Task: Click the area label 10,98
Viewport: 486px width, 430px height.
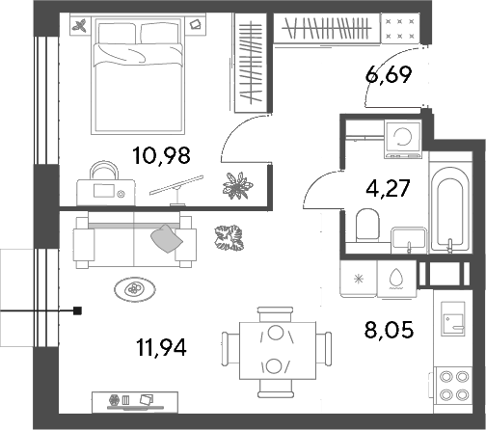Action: click(x=161, y=155)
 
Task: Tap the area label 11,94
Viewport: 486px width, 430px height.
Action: click(x=161, y=347)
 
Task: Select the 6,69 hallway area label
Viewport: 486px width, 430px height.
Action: click(x=389, y=75)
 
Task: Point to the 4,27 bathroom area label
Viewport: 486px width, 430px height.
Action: click(x=388, y=188)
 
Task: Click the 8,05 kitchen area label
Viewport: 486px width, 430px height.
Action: click(x=389, y=330)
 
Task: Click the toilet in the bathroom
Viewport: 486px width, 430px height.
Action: click(x=367, y=225)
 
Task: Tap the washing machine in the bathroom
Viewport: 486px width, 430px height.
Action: click(x=403, y=139)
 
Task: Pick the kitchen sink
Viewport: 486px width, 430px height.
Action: click(x=453, y=319)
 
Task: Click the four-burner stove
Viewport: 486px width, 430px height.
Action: click(x=454, y=386)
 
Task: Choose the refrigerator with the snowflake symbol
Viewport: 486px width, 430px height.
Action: click(x=359, y=279)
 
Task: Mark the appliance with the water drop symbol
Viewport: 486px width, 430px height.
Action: click(x=396, y=279)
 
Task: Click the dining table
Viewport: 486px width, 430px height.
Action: click(x=278, y=351)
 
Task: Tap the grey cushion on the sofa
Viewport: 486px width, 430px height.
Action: click(x=167, y=238)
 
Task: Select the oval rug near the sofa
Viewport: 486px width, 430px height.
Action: click(x=135, y=289)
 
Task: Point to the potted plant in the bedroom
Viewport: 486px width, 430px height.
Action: click(x=238, y=185)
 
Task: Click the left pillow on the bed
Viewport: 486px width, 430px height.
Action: click(x=117, y=33)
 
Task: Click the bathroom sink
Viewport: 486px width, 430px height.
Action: click(x=409, y=239)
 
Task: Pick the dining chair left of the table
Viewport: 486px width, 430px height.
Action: click(x=229, y=349)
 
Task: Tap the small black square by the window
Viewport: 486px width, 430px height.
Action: click(x=77, y=310)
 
